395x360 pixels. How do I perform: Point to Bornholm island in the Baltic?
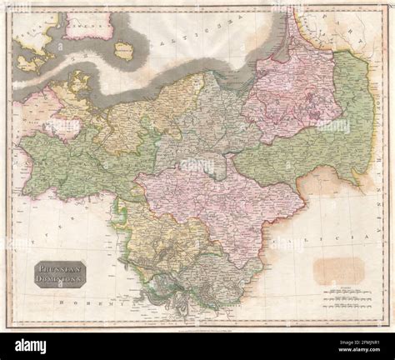pyautogui.click(x=124, y=51)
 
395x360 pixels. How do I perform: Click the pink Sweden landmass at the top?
pyautogui.click(x=87, y=25)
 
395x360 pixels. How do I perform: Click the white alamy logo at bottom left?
pyautogui.click(x=32, y=346)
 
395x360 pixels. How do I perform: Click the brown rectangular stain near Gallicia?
pyautogui.click(x=338, y=269)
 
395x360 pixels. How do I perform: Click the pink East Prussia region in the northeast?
pyautogui.click(x=292, y=92)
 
